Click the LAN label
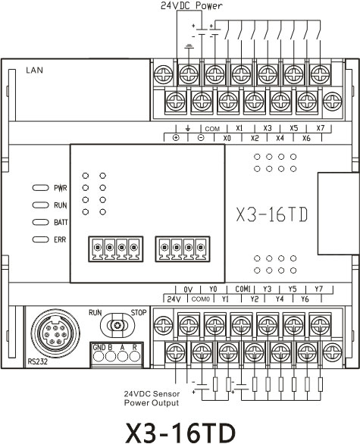(x=35, y=70)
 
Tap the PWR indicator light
(x=41, y=188)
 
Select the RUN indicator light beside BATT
(x=41, y=205)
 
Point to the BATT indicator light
(x=41, y=222)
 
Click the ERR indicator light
(x=41, y=239)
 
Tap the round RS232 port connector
(x=55, y=333)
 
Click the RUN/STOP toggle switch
(x=117, y=325)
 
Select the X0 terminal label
(x=227, y=138)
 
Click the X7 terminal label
(x=321, y=128)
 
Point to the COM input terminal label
(x=212, y=129)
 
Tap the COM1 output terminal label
(x=243, y=289)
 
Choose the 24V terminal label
(x=174, y=299)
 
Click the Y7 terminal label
(x=318, y=289)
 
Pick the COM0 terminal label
(x=201, y=299)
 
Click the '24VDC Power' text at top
(x=192, y=5)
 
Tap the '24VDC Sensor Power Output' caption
(x=152, y=399)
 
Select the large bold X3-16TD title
(x=180, y=433)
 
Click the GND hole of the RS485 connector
(x=99, y=356)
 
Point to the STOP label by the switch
(x=139, y=313)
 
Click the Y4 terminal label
(x=280, y=299)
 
